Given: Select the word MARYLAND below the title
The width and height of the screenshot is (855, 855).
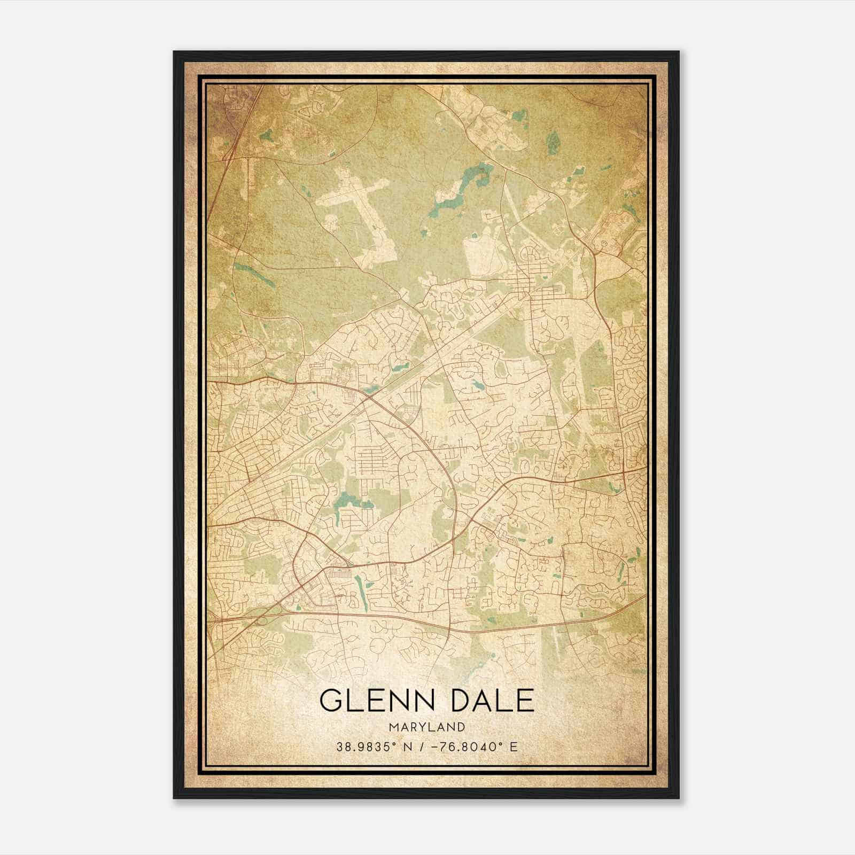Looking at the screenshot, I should (426, 727).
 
